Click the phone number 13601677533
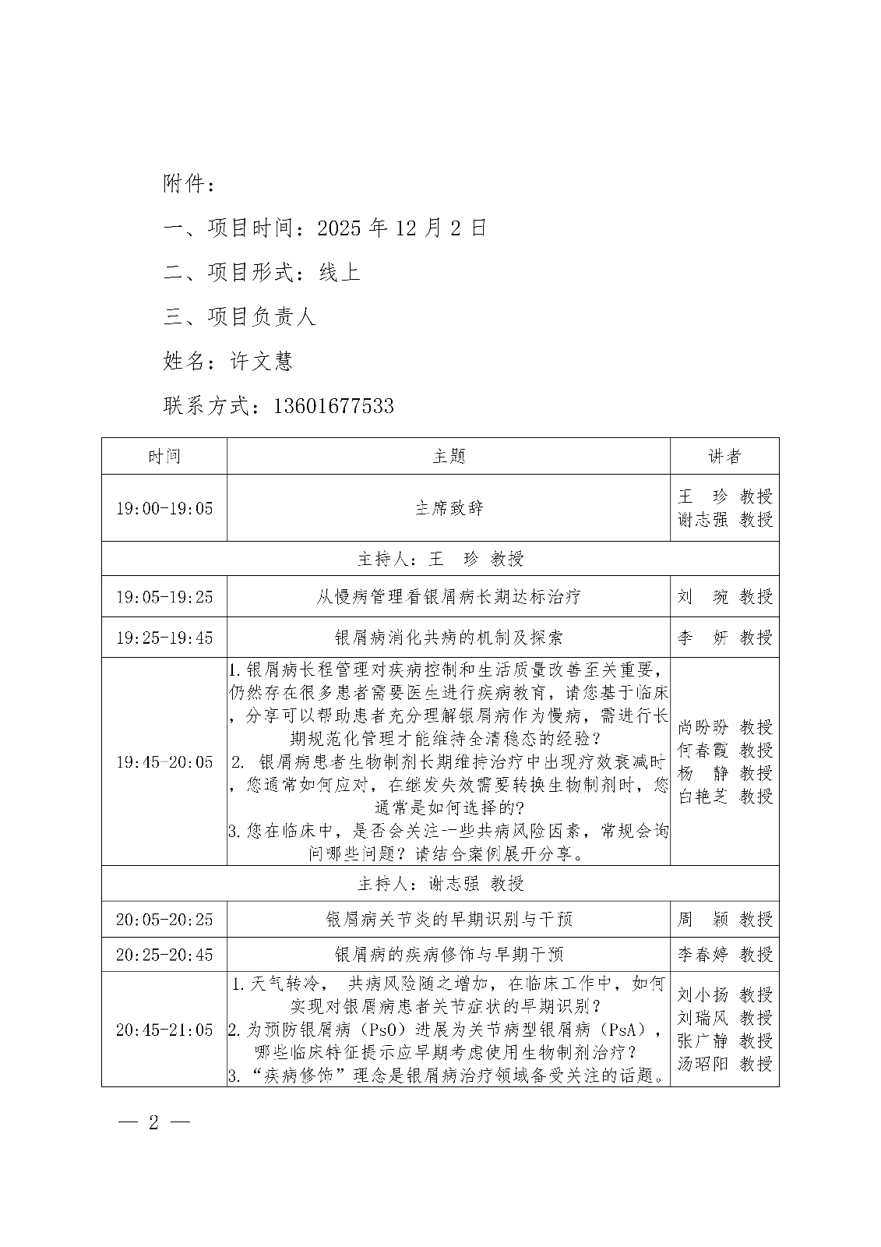(333, 405)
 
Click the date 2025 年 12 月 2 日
(402, 228)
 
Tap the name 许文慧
(261, 361)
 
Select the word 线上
(340, 272)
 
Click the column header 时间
(164, 456)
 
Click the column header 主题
(449, 456)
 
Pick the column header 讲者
(724, 456)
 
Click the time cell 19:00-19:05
(164, 508)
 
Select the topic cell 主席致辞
(449, 508)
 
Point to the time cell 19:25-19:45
(164, 638)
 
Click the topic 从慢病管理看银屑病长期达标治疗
(449, 597)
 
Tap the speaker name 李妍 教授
(724, 638)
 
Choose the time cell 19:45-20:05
(164, 761)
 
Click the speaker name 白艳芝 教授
(724, 796)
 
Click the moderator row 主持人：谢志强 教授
(440, 883)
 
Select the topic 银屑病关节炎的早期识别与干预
(449, 919)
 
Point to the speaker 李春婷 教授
(724, 954)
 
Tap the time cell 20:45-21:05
(164, 1030)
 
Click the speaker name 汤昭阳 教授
(724, 1063)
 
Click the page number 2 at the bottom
(153, 1123)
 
